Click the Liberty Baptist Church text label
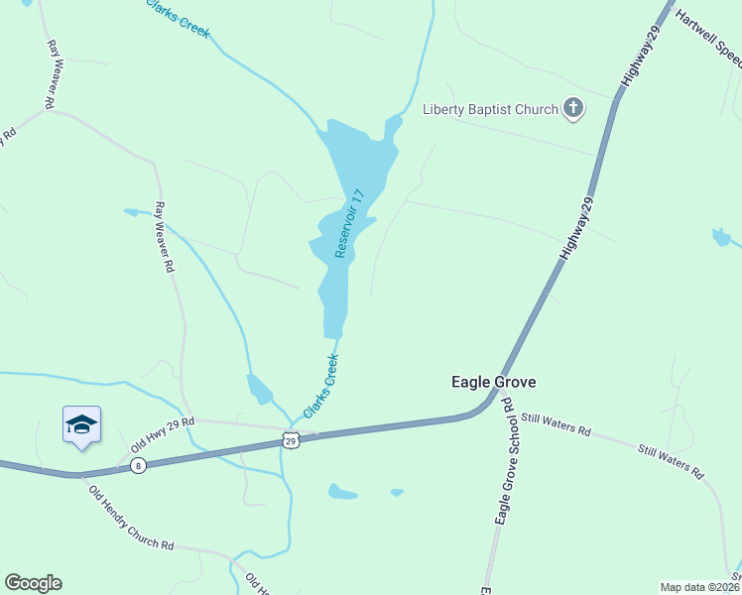[490, 109]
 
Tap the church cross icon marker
[573, 108]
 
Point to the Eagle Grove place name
[494, 381]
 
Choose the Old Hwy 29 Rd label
[162, 428]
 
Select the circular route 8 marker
[138, 465]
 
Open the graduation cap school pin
[81, 425]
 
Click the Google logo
[33, 583]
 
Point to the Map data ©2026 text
[700, 587]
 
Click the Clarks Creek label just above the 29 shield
[321, 386]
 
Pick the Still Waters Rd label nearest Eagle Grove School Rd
[556, 424]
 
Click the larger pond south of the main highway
[342, 491]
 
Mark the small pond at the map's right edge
[721, 238]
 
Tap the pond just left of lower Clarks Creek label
[259, 390]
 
